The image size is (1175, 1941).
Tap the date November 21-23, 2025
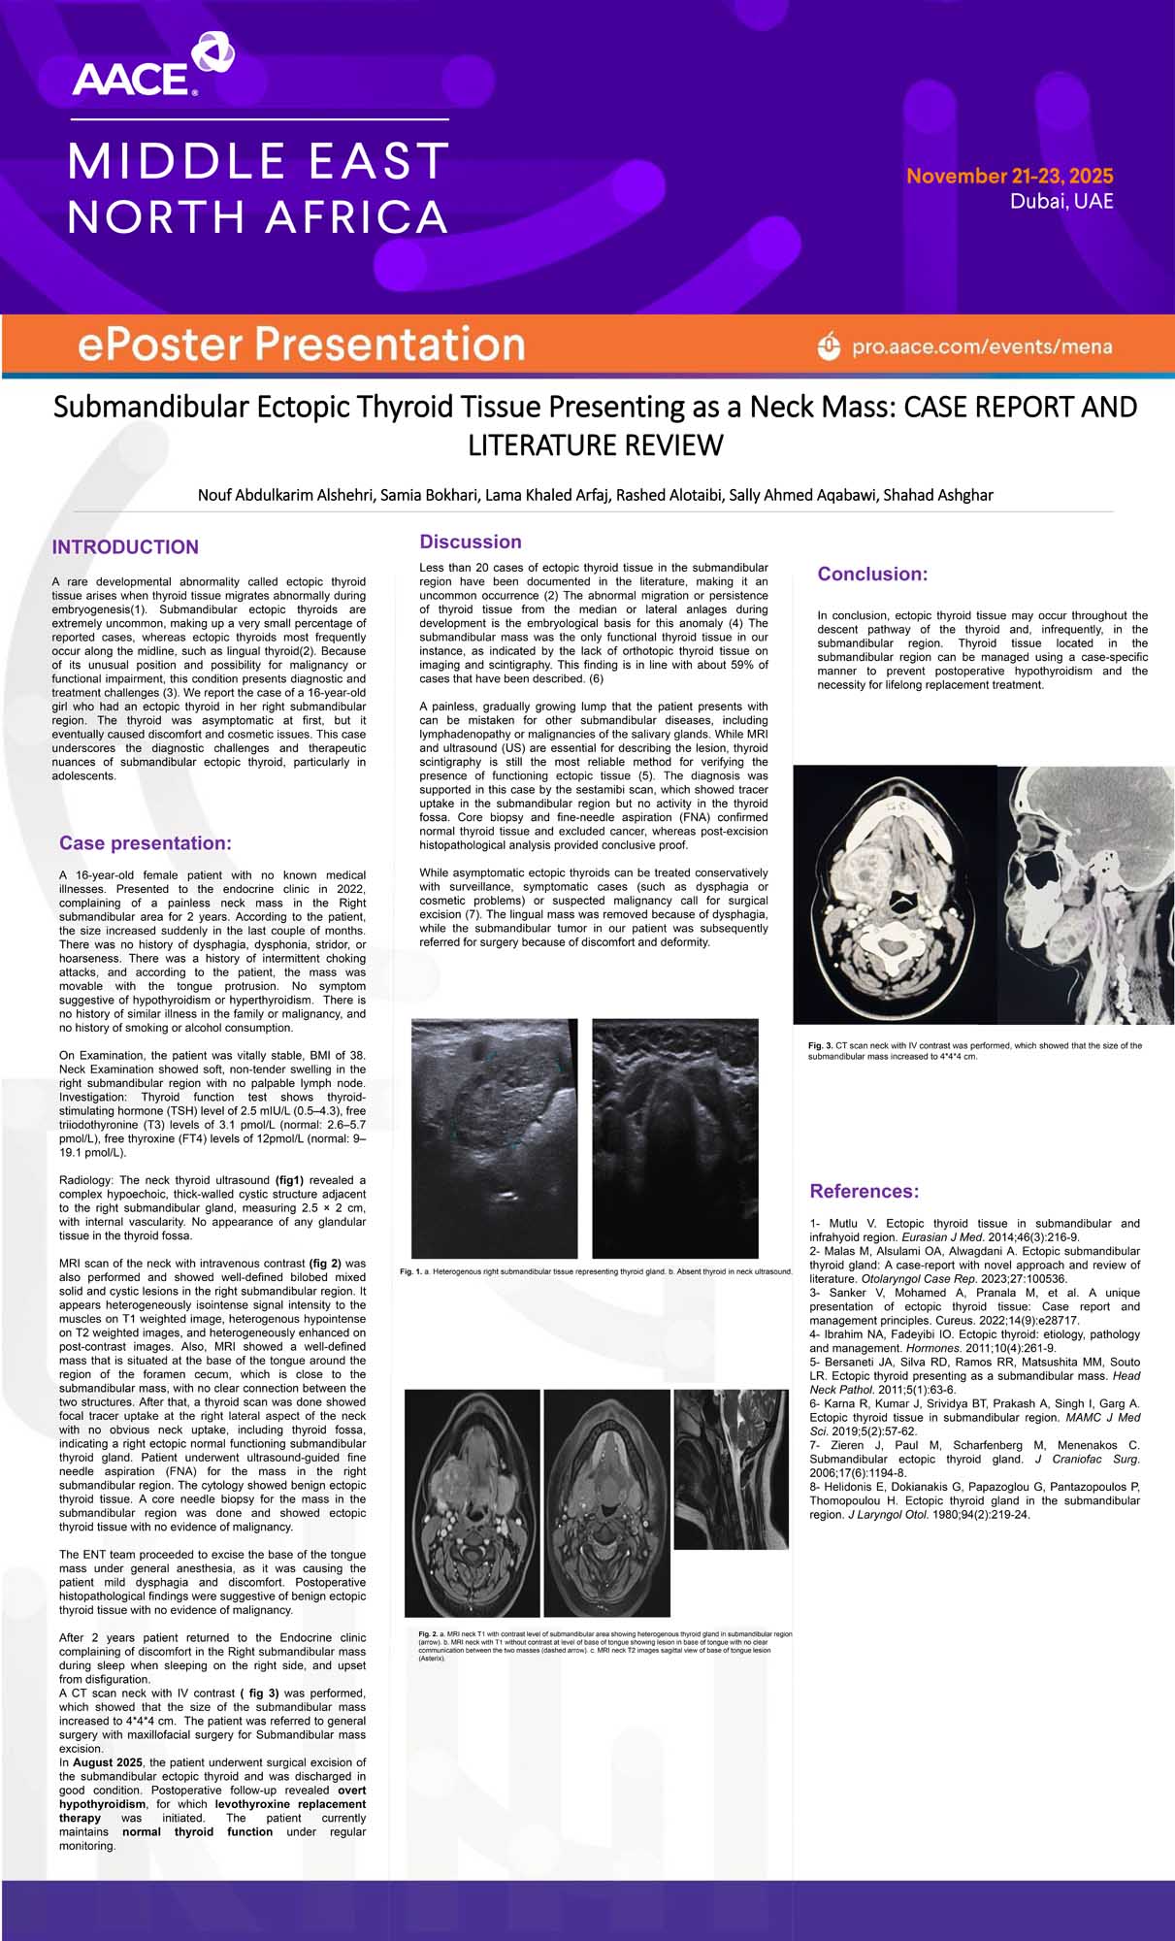pos(1009,176)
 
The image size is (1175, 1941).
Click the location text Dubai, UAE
pos(1061,202)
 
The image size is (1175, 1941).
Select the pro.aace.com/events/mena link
pos(981,346)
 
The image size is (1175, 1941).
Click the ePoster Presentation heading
pos(301,345)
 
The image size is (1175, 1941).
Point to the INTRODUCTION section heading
pos(125,547)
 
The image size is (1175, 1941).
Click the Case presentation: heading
pos(146,843)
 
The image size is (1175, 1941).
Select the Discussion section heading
pos(471,542)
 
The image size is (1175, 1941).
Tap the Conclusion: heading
pos(872,574)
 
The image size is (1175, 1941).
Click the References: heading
pos(864,1191)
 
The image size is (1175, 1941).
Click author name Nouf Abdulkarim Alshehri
pos(285,495)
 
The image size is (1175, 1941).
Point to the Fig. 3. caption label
pos(820,1045)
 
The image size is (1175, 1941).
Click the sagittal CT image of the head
pos(1085,894)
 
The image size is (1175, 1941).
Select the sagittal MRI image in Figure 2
pos(731,1469)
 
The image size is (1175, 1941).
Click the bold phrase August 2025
pos(107,1762)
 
